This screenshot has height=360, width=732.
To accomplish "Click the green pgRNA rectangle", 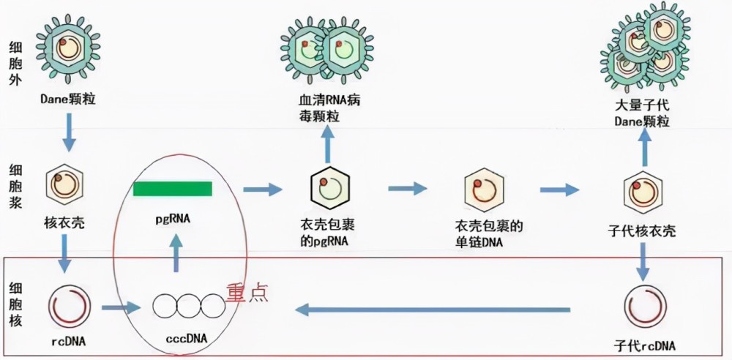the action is [x=173, y=189].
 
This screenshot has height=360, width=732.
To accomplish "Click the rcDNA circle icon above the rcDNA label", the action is [x=70, y=307].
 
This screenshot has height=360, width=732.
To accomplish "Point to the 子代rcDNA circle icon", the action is [x=646, y=307].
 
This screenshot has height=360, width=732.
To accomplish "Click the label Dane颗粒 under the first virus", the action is [x=68, y=100].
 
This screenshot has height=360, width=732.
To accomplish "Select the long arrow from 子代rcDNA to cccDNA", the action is [x=433, y=309].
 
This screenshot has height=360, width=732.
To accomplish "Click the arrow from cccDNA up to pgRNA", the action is [x=176, y=252].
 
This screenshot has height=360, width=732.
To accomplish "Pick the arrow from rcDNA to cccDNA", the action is [x=121, y=308].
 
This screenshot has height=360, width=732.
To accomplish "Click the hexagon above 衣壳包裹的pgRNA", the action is [x=330, y=188].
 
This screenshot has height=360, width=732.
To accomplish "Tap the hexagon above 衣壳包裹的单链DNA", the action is [x=484, y=189].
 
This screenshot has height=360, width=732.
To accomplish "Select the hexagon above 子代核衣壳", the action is [x=643, y=192].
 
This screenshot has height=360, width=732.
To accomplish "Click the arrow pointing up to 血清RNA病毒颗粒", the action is [x=328, y=144].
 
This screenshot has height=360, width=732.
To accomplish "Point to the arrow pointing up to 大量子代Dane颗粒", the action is [x=645, y=148].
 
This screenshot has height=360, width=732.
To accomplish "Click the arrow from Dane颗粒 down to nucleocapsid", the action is [x=69, y=132].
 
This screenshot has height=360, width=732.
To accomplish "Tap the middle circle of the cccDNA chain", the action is [x=189, y=306].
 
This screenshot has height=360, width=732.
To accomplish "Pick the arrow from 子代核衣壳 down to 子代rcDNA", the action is [x=643, y=262].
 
